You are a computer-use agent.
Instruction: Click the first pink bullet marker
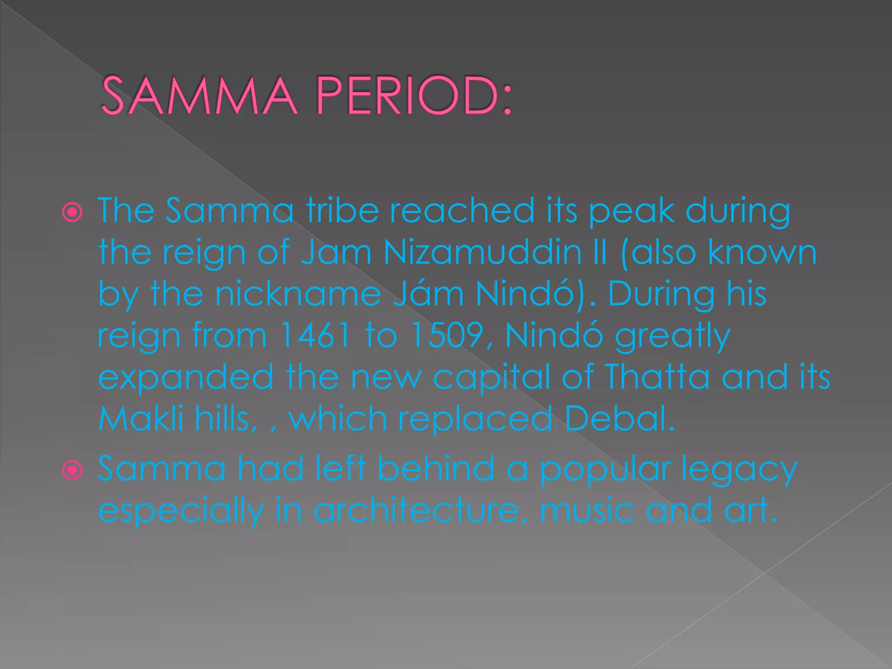coord(72,213)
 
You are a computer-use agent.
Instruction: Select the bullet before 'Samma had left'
coord(72,470)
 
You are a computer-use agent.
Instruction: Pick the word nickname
coord(298,294)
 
